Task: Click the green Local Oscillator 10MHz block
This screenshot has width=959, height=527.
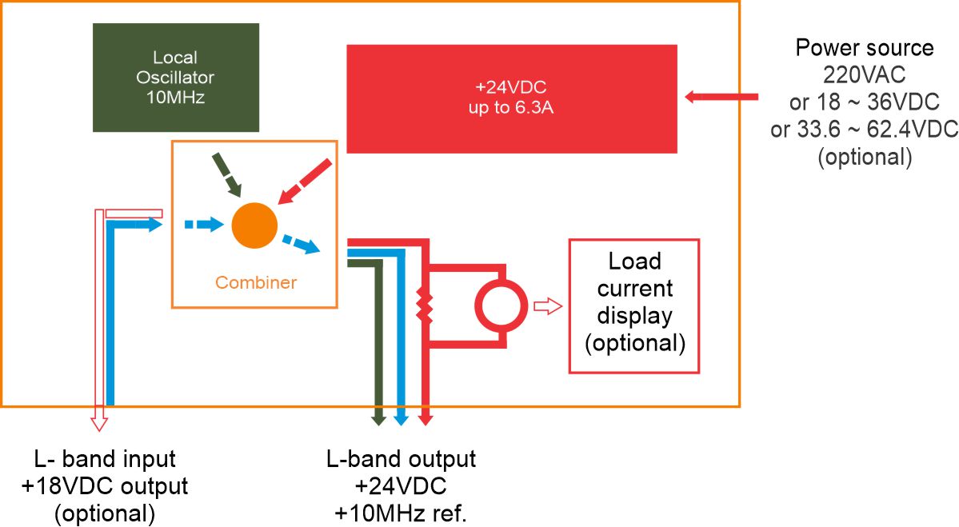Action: (176, 78)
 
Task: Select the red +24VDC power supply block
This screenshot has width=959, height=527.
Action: (512, 98)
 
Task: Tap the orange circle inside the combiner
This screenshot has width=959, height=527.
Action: (254, 225)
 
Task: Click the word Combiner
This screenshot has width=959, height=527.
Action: (256, 282)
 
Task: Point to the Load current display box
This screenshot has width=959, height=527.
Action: (634, 305)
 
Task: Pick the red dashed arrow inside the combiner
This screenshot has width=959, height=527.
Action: (303, 182)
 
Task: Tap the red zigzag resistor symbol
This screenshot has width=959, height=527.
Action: (425, 305)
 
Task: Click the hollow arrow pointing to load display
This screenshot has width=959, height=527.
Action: (548, 305)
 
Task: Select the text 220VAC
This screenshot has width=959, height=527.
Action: (864, 76)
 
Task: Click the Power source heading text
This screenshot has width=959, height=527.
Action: (864, 48)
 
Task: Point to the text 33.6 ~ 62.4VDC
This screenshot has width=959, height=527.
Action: (864, 130)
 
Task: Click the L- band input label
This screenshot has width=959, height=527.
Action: (105, 460)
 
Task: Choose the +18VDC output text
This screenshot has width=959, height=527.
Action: (105, 486)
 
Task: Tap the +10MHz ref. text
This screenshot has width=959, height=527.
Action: (401, 512)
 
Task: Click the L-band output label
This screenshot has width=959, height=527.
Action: (401, 460)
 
